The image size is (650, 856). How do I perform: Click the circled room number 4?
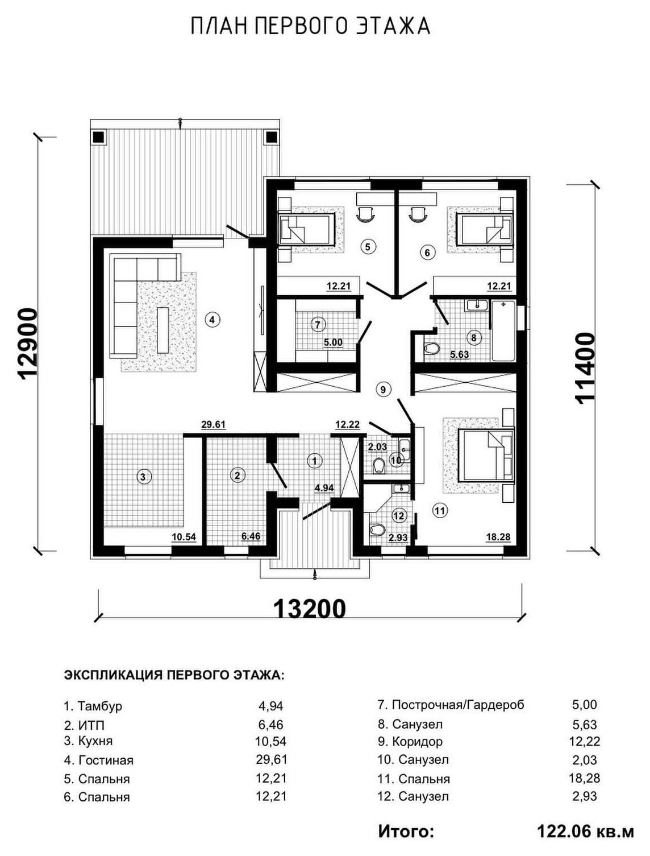click(x=211, y=320)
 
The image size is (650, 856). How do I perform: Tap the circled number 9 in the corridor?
click(x=383, y=389)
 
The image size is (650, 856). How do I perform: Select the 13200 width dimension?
click(x=310, y=609)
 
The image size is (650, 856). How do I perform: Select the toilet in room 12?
click(x=377, y=529)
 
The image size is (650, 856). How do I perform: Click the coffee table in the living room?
click(x=163, y=330)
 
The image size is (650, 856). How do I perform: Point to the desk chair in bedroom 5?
click(x=365, y=214)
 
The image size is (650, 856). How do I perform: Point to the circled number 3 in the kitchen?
click(x=143, y=477)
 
